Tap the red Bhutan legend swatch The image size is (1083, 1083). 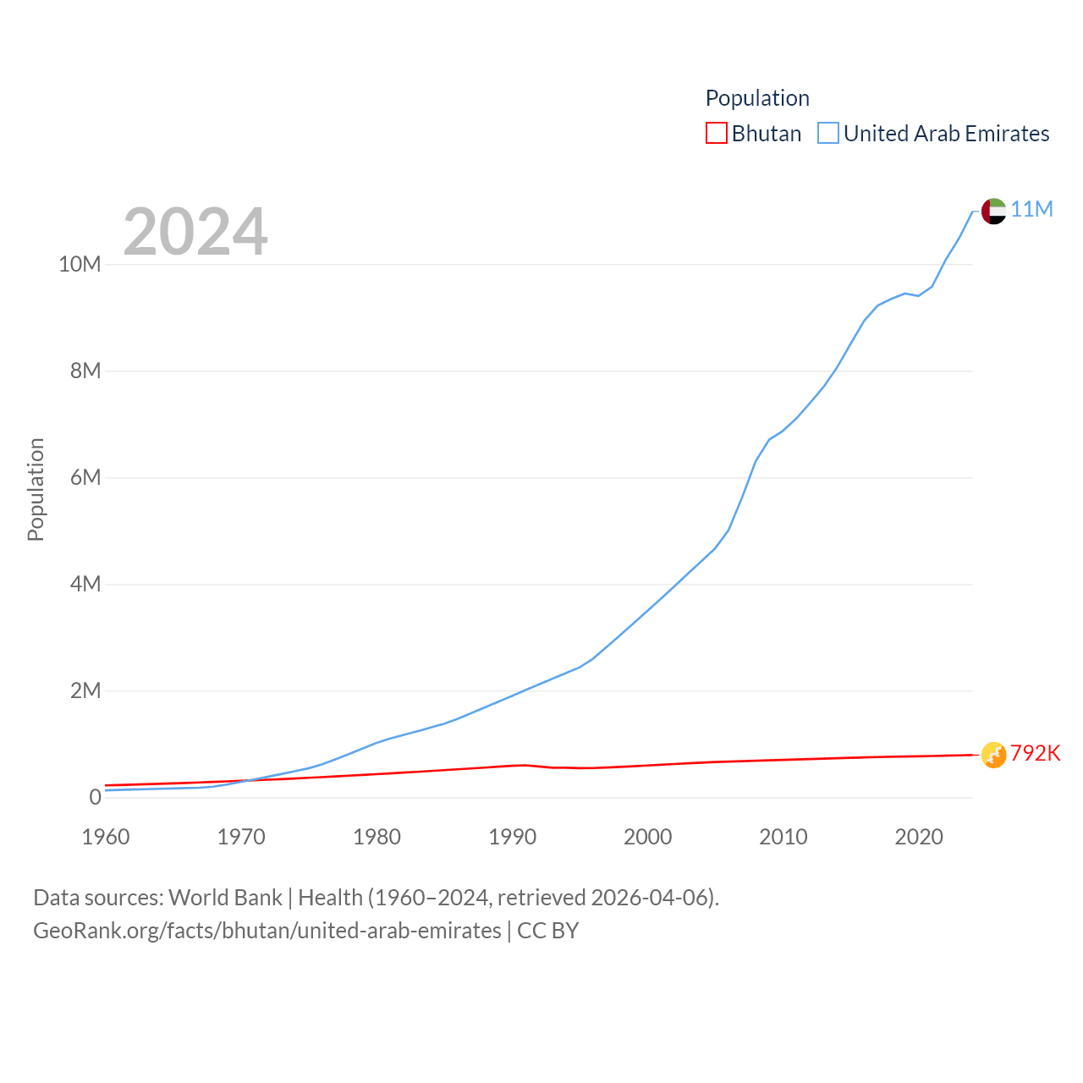pos(716,134)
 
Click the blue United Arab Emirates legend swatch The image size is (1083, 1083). pos(827,134)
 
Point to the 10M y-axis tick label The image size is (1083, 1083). pos(80,264)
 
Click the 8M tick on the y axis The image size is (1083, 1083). pos(85,371)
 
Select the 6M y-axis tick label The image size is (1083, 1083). pos(85,477)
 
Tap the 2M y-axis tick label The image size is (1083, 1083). pos(85,690)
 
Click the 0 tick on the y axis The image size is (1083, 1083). pos(95,797)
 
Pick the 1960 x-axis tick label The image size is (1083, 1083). pos(106,837)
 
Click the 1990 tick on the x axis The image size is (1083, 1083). pos(512,837)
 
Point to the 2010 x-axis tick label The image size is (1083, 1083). pos(783,837)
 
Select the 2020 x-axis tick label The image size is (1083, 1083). pos(918,837)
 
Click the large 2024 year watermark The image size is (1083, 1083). pos(195,232)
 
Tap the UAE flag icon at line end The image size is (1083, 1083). pos(993,211)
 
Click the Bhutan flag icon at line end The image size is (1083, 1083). pos(993,755)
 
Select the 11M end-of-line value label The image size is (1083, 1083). pos(1031,209)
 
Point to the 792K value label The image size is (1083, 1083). pos(1035,753)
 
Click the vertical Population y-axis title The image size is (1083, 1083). pos(36,489)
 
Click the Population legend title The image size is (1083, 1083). pos(757,98)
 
